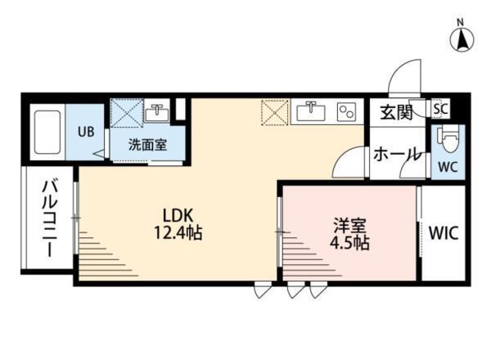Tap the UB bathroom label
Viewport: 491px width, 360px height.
click(x=85, y=131)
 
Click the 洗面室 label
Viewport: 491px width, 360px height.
click(x=147, y=145)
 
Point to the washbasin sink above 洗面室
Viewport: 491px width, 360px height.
click(x=157, y=114)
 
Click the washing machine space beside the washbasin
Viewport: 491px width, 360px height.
click(x=127, y=114)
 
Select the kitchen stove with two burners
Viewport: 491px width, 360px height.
click(x=347, y=112)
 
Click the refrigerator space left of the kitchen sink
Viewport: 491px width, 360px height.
click(x=275, y=112)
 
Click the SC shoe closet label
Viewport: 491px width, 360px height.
click(x=439, y=108)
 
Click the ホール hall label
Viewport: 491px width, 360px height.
click(x=398, y=153)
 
